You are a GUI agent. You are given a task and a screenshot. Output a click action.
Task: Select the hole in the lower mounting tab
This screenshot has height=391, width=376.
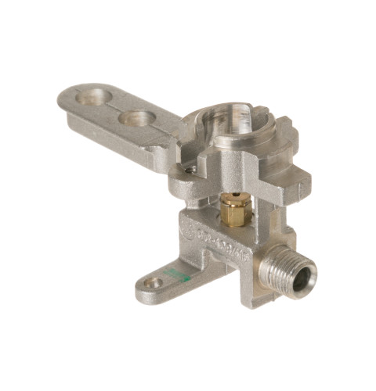tap(154, 282)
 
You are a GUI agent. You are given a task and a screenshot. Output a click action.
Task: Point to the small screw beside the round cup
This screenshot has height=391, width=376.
tap(190, 168)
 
